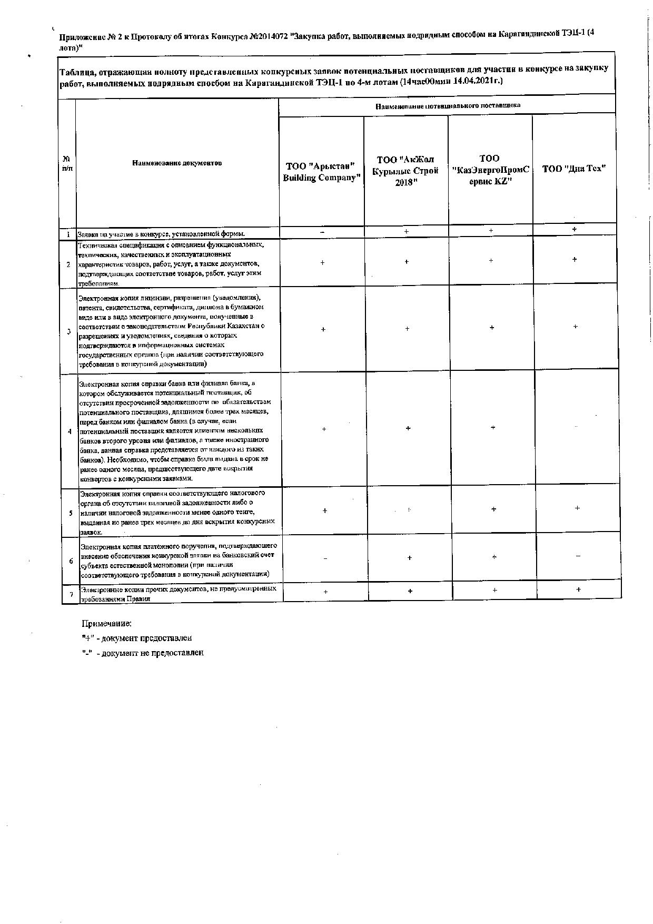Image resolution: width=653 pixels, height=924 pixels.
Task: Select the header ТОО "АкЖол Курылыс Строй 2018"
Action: click(406, 171)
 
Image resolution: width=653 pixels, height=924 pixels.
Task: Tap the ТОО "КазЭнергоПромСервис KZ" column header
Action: click(490, 170)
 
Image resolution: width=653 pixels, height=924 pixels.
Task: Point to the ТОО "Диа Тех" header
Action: click(574, 169)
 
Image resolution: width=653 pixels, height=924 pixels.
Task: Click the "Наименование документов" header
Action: click(177, 163)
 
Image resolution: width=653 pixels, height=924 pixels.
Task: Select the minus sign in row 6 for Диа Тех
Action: click(578, 556)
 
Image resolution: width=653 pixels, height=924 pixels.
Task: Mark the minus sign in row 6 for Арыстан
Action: click(325, 558)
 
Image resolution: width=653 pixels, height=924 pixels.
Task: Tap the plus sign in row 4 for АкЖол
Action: click(409, 428)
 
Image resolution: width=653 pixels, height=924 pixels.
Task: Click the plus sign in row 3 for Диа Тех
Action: click(575, 327)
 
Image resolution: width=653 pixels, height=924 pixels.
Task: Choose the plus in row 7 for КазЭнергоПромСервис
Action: click(494, 591)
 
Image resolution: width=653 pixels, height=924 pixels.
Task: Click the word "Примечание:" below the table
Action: click(106, 624)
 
